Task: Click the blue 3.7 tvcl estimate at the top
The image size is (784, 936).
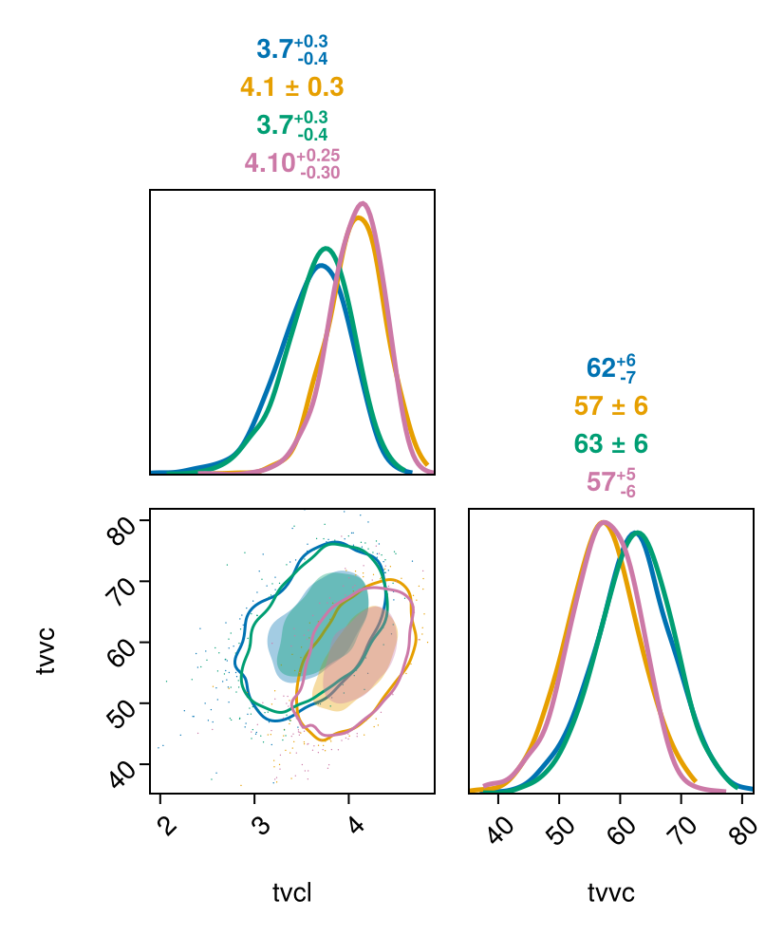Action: (291, 49)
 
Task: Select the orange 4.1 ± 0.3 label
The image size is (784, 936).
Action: (291, 88)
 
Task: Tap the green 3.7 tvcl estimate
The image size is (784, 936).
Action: (291, 125)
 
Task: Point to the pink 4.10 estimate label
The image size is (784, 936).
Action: (291, 163)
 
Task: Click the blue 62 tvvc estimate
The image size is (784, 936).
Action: (610, 368)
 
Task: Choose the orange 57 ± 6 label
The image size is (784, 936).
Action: (610, 406)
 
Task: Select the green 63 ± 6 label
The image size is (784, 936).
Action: (610, 444)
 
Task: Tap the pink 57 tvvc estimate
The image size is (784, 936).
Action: (610, 482)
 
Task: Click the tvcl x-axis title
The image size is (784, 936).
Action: (292, 893)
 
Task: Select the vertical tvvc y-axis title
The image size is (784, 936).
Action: (46, 650)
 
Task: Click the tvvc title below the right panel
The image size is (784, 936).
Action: (611, 893)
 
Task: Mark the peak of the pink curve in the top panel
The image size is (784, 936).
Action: (363, 203)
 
